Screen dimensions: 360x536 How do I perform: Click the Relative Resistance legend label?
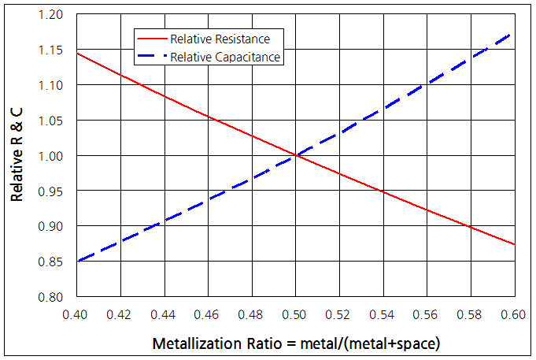pos(220,39)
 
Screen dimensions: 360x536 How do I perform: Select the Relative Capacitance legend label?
pos(225,57)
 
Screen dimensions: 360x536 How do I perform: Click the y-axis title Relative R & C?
pos(17,157)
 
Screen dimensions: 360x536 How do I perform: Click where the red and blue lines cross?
pos(296,156)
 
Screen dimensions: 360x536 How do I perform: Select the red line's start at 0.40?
pos(77,53)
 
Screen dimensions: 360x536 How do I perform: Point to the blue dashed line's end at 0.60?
pos(514,33)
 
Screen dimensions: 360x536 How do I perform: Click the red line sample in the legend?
pos(152,39)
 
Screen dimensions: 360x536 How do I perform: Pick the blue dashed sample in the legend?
pos(152,57)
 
